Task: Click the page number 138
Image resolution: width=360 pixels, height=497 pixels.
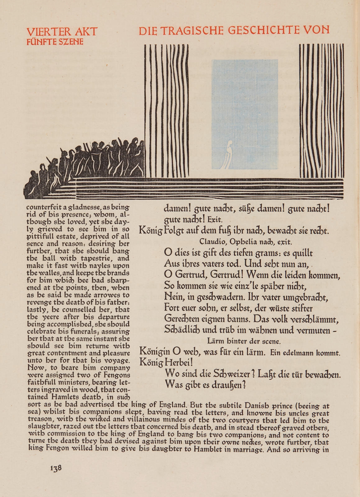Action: pos(56,468)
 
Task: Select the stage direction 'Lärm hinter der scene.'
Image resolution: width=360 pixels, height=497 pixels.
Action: pos(244,341)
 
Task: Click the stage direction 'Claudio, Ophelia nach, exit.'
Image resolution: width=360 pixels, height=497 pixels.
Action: pos(246,241)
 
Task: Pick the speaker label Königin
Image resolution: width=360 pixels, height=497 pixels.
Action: pos(155,352)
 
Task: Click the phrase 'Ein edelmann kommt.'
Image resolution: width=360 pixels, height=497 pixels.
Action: pos(305,353)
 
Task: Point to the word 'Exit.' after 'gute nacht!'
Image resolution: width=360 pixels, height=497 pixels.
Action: pos(215,220)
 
